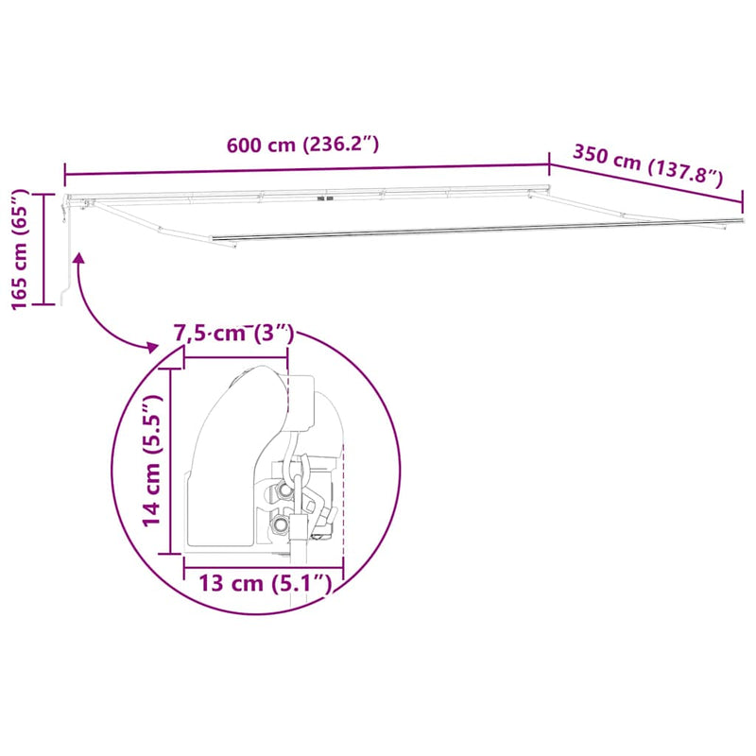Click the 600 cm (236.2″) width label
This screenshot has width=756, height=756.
coord(302,146)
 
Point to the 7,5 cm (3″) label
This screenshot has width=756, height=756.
coord(234,334)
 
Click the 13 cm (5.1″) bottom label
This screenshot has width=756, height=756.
coord(266,583)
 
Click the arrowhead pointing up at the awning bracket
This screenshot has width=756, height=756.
coord(78,257)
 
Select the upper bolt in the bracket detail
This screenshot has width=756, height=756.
coord(283,491)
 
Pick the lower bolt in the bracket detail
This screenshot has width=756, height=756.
coord(281,524)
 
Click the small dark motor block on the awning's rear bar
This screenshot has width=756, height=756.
coord(327,199)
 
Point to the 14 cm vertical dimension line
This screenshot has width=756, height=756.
coord(170,462)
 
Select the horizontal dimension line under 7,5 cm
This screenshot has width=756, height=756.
coord(235,357)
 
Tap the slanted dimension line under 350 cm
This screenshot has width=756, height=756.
coord(647,185)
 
